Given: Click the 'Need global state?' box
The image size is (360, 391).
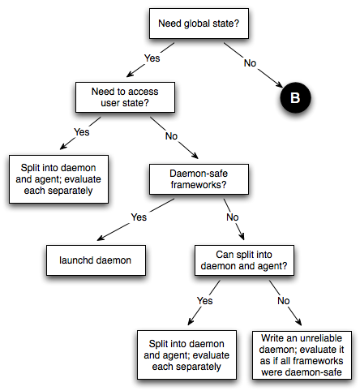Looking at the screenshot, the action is tap(199, 24).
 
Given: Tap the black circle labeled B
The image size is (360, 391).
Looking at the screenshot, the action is tap(295, 97).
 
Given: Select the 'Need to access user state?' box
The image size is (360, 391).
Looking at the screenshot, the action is tap(125, 97).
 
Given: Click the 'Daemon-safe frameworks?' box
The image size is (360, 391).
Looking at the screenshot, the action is tap(199, 179).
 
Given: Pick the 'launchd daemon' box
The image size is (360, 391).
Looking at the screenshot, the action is tap(96, 260).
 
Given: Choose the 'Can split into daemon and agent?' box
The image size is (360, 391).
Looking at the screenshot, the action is tap(244, 260).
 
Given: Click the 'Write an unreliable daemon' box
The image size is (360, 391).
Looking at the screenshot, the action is tap(302, 355).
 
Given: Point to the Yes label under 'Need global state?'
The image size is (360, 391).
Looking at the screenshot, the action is tap(152, 58).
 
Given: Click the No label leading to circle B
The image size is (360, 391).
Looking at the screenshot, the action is tap(250, 63).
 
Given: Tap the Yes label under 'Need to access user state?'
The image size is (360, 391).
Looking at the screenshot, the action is tap(82, 132).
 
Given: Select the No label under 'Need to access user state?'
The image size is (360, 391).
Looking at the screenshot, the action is tap(171, 136).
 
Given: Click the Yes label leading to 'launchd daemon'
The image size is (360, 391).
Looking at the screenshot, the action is tap(139, 217).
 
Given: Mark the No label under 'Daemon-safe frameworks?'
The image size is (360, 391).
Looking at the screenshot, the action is tap(233, 217).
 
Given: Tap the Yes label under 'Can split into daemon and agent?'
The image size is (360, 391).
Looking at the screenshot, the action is tap(205, 301).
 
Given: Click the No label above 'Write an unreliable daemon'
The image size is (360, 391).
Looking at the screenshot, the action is tap(284, 301).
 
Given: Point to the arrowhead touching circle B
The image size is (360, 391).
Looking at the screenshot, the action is tap(280, 84).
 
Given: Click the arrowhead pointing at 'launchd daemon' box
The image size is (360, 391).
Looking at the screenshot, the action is tap(101, 238).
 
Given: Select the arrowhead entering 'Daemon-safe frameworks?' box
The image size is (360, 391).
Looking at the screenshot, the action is tap(195, 155).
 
